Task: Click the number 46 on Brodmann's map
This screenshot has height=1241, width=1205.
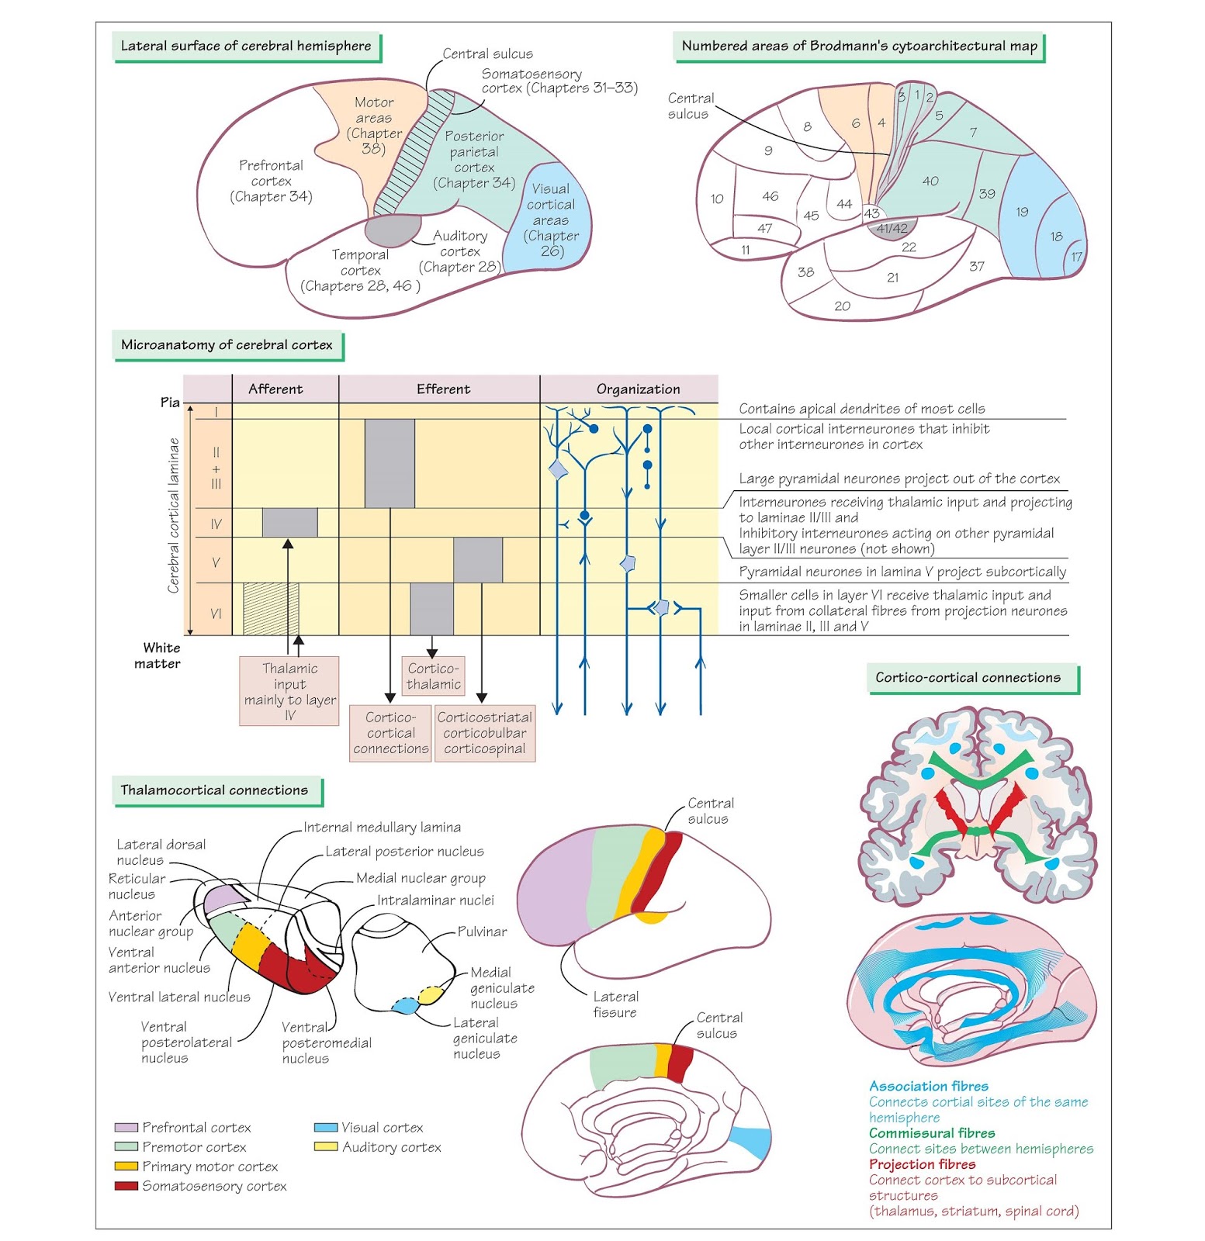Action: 770,196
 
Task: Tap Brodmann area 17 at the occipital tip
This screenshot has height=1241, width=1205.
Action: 1076,257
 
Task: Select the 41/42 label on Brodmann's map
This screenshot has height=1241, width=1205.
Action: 892,229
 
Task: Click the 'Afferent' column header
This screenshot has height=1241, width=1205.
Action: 275,389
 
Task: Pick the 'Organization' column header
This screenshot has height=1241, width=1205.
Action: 638,389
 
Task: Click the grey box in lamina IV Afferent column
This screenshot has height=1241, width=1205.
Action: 289,523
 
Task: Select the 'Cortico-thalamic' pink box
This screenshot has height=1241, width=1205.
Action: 433,676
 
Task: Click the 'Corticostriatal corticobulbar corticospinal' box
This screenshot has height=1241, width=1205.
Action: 484,733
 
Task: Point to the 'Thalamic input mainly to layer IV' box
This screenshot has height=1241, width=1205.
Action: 289,692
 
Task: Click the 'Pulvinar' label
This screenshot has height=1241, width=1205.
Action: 482,932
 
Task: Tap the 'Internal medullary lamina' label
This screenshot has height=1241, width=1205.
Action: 382,828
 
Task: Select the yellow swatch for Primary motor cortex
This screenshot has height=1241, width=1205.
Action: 126,1167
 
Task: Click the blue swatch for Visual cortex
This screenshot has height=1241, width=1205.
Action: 326,1128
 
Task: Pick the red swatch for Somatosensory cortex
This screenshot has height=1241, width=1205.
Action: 126,1186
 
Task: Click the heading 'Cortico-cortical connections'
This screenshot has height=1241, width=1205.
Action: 968,678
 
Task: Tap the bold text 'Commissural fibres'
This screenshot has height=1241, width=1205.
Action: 931,1133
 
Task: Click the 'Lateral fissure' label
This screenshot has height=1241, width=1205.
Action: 615,1004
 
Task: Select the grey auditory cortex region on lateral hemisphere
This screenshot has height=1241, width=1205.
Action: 393,230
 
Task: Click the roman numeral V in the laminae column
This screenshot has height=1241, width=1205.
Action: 216,562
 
